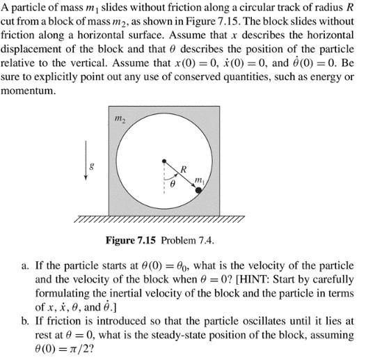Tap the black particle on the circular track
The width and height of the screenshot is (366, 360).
point(199,189)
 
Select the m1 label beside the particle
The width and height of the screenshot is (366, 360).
point(200,180)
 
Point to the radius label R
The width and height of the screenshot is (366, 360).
point(183,169)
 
